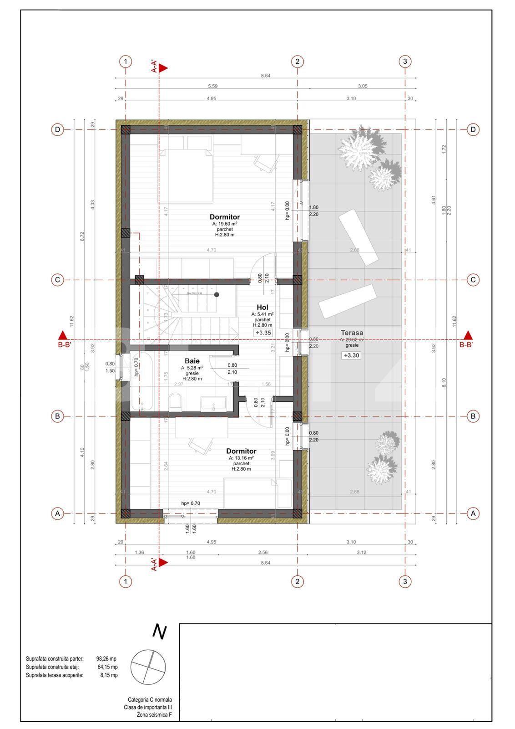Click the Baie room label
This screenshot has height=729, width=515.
click(192, 361)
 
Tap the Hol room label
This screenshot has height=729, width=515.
click(262, 308)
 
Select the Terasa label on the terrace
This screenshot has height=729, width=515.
click(352, 333)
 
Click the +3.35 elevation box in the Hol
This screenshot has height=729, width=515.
click(263, 333)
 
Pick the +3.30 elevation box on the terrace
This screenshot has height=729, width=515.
click(351, 355)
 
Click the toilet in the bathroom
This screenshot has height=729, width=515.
click(175, 402)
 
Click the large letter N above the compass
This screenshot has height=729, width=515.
click(159, 631)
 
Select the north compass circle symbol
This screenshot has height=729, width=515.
click(148, 666)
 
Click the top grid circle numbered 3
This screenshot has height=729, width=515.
click(405, 62)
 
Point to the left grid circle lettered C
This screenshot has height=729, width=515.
click(57, 280)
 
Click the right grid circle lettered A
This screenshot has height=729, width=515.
click(473, 513)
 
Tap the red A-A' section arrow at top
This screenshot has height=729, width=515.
click(163, 67)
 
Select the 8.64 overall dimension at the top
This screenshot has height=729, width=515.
click(266, 76)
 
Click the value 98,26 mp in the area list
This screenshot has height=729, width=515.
click(106, 659)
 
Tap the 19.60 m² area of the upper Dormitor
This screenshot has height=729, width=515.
click(225, 224)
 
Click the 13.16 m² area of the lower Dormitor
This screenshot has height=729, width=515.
click(241, 458)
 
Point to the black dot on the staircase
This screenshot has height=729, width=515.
click(217, 295)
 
